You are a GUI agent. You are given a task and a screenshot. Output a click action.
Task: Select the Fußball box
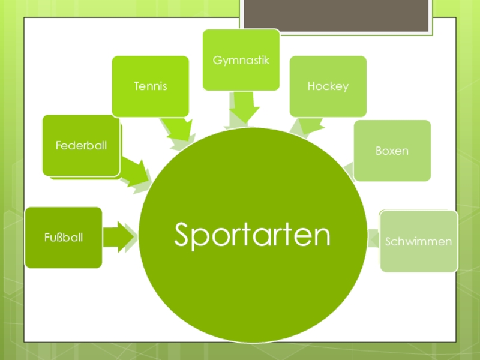[x=63, y=238]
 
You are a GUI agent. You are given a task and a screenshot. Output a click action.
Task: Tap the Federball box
[x=81, y=145]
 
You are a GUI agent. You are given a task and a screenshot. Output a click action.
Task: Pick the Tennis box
[x=150, y=86]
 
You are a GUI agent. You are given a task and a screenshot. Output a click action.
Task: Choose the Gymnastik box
[x=241, y=60]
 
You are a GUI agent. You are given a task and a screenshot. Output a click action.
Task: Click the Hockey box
[x=328, y=86]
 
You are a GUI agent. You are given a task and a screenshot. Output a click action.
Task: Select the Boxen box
[x=392, y=150]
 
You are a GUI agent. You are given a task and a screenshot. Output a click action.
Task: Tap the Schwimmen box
[x=419, y=241]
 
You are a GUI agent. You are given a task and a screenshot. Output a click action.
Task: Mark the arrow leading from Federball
[x=136, y=173]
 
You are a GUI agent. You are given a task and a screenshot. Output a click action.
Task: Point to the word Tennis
[x=150, y=86]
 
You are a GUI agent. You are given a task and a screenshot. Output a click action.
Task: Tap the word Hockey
[x=328, y=86]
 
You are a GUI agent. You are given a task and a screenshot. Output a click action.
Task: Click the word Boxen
[x=392, y=151]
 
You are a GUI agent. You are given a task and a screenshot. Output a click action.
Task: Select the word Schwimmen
[x=419, y=242]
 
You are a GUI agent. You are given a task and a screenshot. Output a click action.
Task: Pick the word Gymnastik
[x=241, y=61]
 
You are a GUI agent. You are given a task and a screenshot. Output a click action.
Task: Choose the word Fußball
[x=63, y=238]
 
